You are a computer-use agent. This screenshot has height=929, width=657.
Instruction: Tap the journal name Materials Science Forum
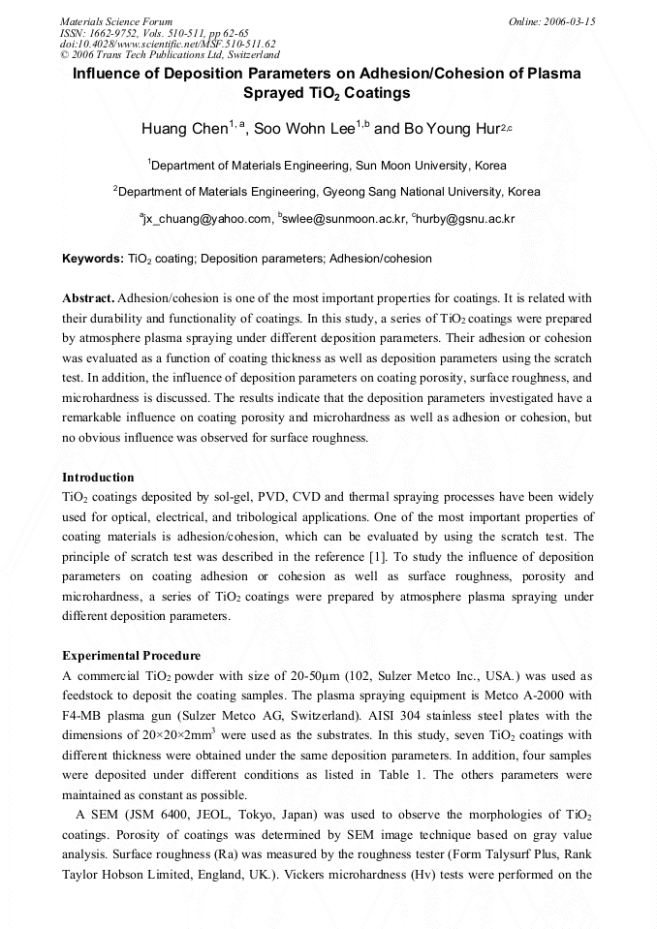click(x=116, y=21)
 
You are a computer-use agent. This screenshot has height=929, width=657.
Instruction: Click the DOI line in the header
click(x=168, y=44)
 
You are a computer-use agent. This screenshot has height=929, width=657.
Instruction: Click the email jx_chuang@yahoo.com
click(x=206, y=220)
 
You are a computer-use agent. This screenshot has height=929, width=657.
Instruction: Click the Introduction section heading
click(x=98, y=478)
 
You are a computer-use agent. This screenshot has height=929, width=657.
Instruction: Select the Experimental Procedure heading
click(x=131, y=656)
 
